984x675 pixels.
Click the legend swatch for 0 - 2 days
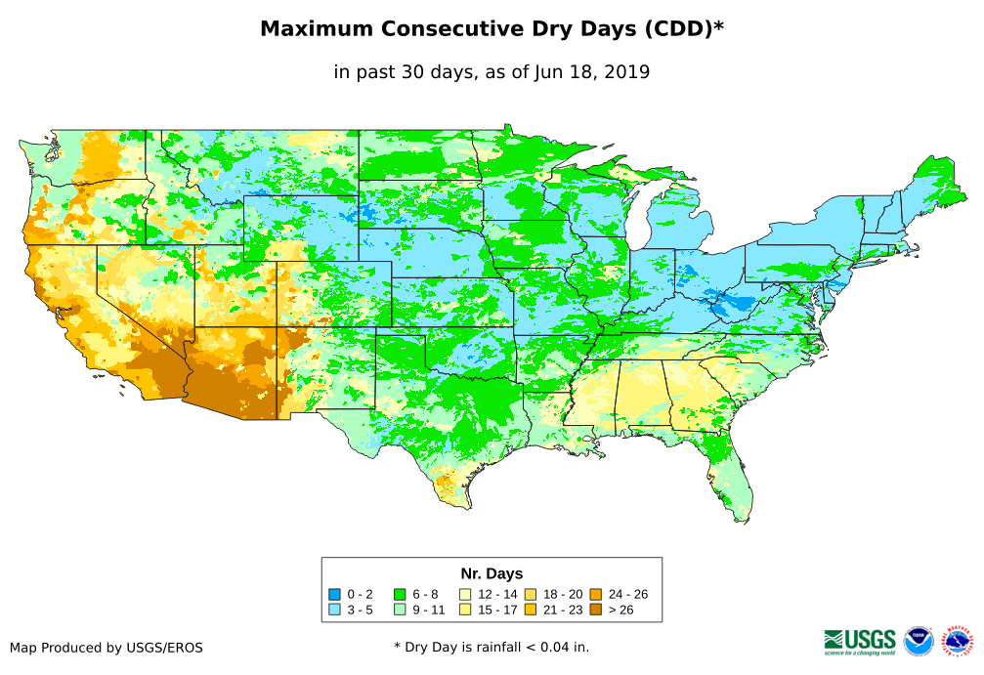[x=334, y=594]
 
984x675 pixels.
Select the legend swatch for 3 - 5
[x=334, y=611]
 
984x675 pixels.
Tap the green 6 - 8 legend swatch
[x=400, y=594]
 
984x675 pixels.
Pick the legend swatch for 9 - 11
[x=400, y=611]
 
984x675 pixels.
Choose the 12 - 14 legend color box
[x=465, y=594]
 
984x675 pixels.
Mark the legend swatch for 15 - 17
[x=465, y=611]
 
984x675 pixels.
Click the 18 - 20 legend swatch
[x=531, y=594]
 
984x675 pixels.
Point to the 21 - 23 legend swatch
[x=531, y=611]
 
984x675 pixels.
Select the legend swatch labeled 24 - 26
[x=595, y=594]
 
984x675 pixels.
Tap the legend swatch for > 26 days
[x=595, y=611]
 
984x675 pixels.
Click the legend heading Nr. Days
[x=492, y=573]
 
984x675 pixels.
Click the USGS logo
[x=860, y=641]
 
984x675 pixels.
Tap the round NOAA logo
[x=919, y=641]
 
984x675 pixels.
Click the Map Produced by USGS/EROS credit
[x=107, y=648]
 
